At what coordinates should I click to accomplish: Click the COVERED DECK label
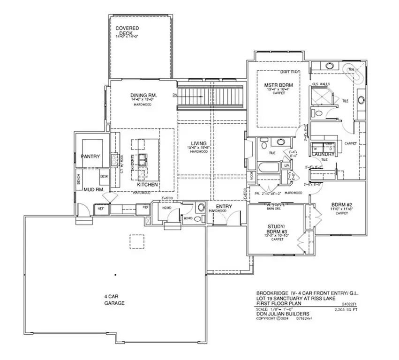pyautogui.click(x=127, y=31)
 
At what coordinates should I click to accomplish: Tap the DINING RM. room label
pyautogui.click(x=143, y=96)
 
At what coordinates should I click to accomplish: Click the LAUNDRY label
pyautogui.click(x=324, y=154)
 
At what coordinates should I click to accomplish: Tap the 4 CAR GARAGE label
pyautogui.click(x=114, y=300)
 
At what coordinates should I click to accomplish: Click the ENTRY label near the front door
pyautogui.click(x=218, y=206)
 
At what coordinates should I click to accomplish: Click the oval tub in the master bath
pyautogui.click(x=355, y=74)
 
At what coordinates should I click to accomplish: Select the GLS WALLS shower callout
pyautogui.click(x=322, y=84)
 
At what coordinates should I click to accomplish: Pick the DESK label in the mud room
pyautogui.click(x=104, y=176)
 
